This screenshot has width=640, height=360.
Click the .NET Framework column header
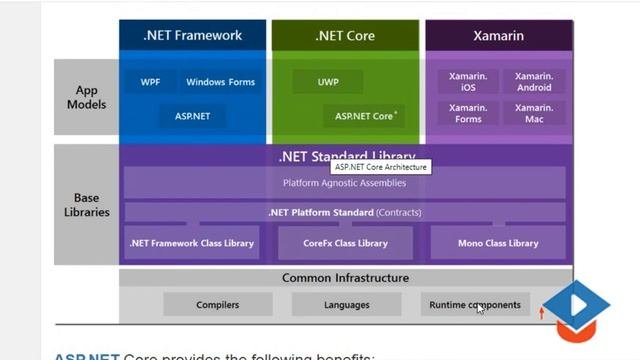click(192, 36)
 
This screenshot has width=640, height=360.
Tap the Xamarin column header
click(499, 36)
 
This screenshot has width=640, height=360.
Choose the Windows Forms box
click(220, 82)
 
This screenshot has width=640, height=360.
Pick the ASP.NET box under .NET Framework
click(192, 116)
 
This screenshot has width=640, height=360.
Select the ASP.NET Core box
click(365, 116)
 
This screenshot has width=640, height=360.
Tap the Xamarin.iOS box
click(468, 82)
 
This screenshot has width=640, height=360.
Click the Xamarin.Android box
click(534, 82)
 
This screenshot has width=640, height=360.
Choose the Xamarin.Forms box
click(468, 113)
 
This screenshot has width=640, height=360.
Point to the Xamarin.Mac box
click(534, 113)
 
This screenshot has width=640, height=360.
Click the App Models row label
click(86, 97)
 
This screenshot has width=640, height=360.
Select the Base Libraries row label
click(86, 205)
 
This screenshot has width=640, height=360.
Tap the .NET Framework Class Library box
click(192, 243)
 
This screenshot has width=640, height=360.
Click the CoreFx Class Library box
click(345, 243)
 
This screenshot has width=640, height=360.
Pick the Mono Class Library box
click(497, 243)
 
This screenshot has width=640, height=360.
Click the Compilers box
click(217, 305)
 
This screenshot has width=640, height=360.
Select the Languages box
click(346, 305)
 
